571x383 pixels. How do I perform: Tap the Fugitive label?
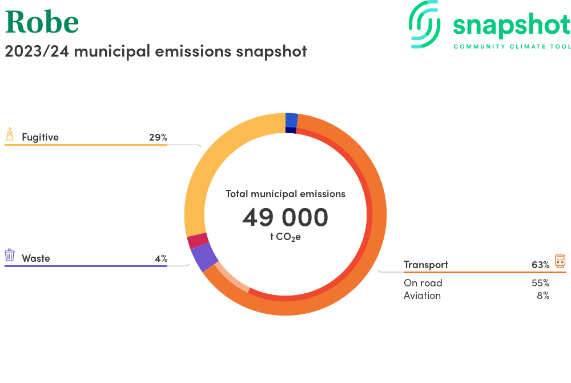point(40,137)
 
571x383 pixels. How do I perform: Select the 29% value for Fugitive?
point(158,137)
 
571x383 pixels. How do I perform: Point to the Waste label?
point(36,258)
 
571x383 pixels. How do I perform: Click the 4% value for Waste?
point(161,258)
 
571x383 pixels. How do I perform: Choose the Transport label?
point(426,265)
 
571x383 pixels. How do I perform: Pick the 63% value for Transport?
point(540,265)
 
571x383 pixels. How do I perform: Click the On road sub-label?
point(423,283)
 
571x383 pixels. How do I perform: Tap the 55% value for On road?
point(540,283)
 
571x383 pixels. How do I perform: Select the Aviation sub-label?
point(422,296)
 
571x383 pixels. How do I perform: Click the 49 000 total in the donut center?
point(285,217)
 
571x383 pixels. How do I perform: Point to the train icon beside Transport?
point(560,261)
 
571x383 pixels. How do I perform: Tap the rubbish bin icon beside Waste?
point(10,255)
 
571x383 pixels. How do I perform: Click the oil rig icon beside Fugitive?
point(10,134)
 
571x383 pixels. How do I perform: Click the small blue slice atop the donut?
point(291,120)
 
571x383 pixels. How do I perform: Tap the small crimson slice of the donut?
point(197,241)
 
